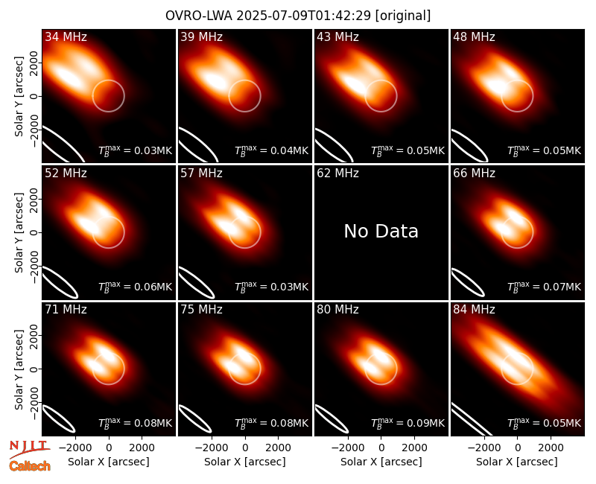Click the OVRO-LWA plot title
(298, 16)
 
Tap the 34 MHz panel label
(66, 36)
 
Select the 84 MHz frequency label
(474, 310)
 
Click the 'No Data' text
(381, 231)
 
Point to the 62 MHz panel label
(338, 173)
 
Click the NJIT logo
(29, 449)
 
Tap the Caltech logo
(30, 466)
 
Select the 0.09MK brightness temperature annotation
(408, 422)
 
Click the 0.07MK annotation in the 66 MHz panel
(545, 286)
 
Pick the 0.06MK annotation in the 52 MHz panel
(136, 286)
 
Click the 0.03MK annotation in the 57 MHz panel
(271, 286)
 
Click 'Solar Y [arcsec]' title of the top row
(19, 96)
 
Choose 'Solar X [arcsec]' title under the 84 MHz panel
(517, 462)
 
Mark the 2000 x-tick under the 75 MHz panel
(278, 448)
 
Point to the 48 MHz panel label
(474, 36)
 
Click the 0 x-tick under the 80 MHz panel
(381, 448)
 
